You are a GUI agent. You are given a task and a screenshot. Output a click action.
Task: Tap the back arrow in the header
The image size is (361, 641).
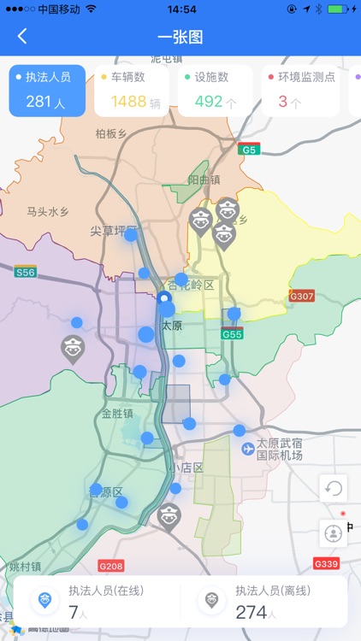(22, 36)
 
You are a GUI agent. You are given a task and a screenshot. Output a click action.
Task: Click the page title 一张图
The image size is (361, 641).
(180, 37)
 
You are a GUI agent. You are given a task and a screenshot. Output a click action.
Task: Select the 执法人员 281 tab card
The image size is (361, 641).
(47, 91)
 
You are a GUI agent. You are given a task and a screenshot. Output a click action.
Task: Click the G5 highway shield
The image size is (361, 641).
(249, 150)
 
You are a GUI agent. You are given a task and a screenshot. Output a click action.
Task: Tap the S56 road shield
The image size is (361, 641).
(26, 272)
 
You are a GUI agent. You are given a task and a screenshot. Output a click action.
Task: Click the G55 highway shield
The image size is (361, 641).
(233, 334)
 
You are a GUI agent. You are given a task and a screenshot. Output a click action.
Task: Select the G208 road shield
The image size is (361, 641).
(111, 566)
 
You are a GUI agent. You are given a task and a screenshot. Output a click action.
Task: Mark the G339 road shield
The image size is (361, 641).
(326, 563)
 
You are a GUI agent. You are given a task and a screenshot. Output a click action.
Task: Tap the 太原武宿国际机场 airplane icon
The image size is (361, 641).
(248, 448)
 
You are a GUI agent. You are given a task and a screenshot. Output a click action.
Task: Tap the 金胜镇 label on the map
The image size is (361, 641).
(117, 414)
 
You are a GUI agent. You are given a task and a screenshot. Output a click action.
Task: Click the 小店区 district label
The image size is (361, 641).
(186, 468)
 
